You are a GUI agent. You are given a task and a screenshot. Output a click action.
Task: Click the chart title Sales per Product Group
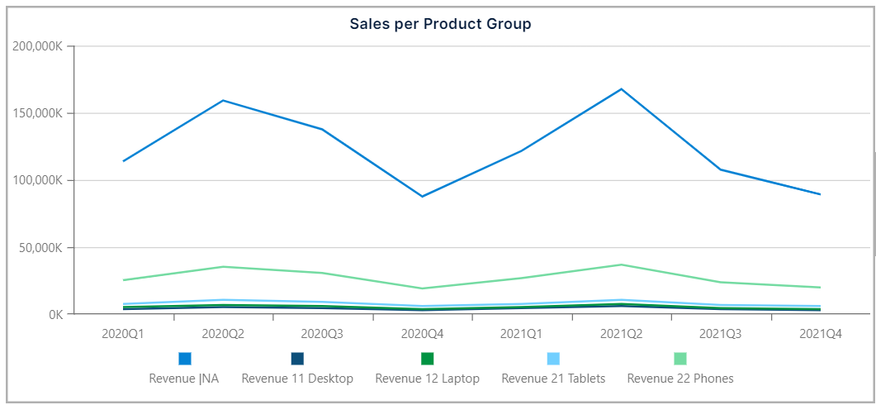click(x=440, y=24)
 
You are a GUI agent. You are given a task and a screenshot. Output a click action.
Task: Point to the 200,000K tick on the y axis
click(x=38, y=46)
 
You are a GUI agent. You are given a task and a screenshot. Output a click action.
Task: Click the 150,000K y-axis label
click(x=38, y=113)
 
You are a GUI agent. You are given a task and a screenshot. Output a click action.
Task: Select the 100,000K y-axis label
click(x=38, y=180)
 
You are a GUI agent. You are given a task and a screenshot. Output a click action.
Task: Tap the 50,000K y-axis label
click(x=41, y=247)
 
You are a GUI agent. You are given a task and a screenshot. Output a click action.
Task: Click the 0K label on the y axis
click(x=54, y=314)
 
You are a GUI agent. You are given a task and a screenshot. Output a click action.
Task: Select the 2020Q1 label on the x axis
click(x=123, y=334)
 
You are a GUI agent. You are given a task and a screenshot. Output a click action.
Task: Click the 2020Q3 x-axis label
click(x=322, y=334)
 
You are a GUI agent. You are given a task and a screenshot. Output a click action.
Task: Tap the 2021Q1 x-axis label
click(x=521, y=334)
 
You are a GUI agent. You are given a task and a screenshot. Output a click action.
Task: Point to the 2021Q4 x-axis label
click(x=820, y=334)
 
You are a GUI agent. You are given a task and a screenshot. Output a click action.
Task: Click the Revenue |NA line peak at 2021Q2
click(x=621, y=89)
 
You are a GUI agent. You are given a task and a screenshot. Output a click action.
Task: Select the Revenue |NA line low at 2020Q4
click(x=422, y=196)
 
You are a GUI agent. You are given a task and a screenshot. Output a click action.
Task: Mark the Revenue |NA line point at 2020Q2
click(x=223, y=101)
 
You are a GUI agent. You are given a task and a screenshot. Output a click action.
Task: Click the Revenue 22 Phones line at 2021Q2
click(x=621, y=264)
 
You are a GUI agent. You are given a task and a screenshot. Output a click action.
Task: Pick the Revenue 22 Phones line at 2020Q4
click(x=422, y=288)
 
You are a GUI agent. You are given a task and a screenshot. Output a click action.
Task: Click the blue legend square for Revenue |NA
click(x=185, y=359)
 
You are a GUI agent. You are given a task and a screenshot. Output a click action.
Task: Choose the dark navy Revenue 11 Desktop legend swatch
click(x=297, y=359)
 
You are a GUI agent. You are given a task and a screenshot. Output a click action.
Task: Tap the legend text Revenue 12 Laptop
click(x=427, y=379)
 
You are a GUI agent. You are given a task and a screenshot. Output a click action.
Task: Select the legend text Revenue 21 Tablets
click(x=553, y=379)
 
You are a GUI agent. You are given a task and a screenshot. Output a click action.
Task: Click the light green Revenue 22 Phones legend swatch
click(x=680, y=359)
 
